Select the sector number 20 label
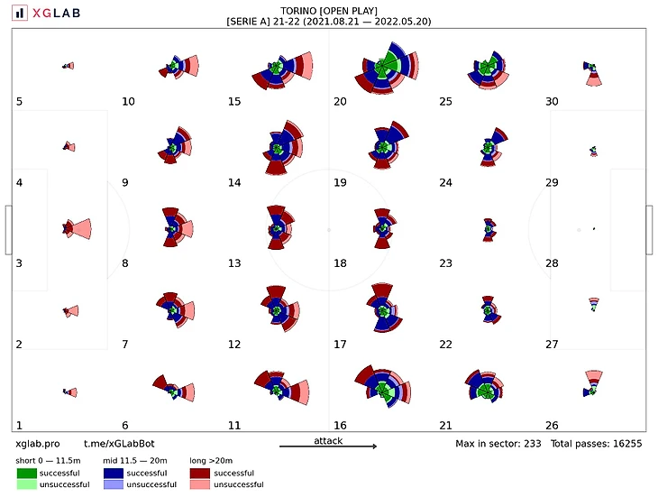340,101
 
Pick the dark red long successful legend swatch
203,473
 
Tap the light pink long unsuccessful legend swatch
203,484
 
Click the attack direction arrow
328,446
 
